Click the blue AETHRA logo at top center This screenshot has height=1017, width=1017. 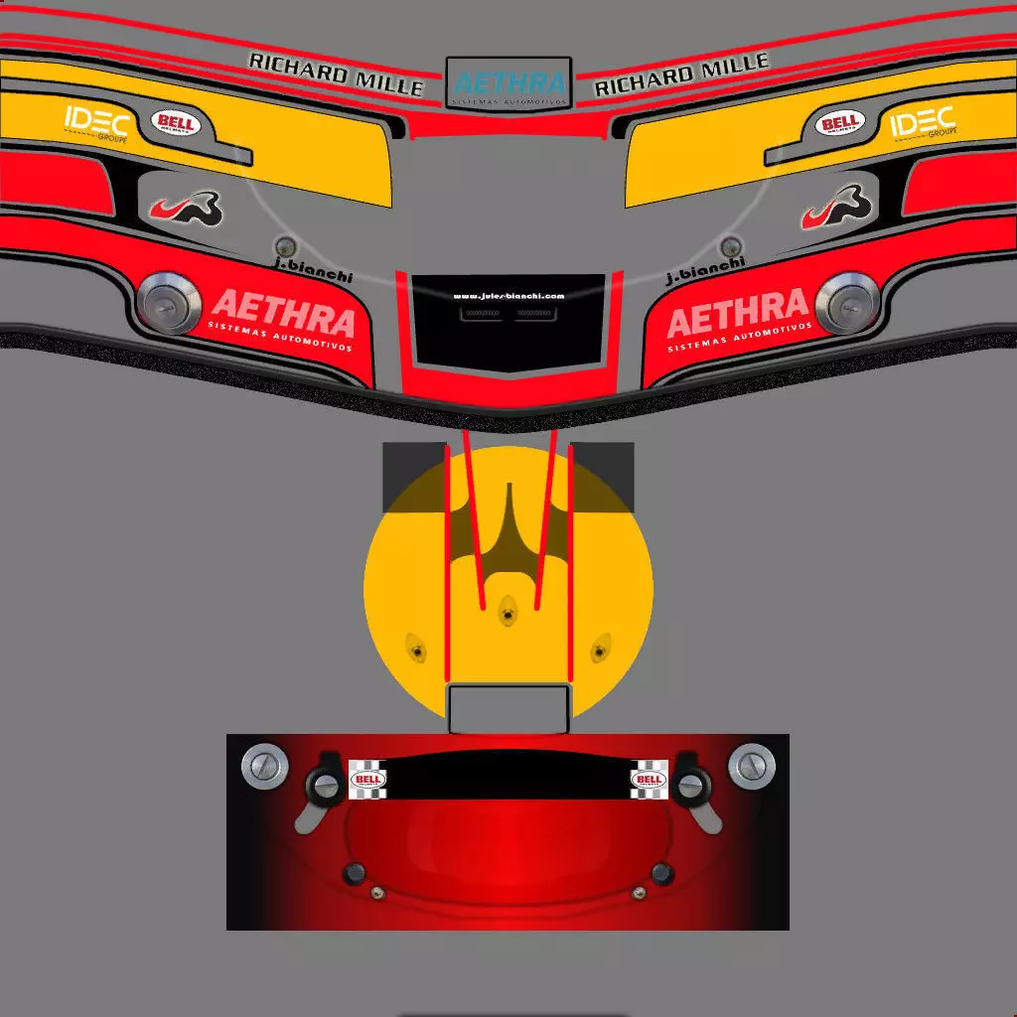click(x=508, y=83)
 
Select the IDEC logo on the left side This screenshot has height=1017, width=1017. click(x=96, y=122)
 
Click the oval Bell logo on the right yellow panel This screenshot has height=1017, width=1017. click(x=840, y=123)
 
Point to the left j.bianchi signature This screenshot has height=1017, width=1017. click(x=313, y=270)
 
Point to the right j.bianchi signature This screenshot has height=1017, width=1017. click(x=704, y=270)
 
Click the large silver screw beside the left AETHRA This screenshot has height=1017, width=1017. click(x=168, y=301)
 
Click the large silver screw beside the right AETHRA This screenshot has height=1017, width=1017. click(x=847, y=301)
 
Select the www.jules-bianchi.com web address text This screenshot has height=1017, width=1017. click(x=508, y=296)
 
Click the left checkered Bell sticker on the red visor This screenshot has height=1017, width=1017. click(x=367, y=780)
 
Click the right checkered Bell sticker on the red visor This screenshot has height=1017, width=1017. click(x=650, y=780)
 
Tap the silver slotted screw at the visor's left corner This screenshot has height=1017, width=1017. click(x=265, y=766)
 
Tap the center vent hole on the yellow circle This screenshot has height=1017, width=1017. click(x=508, y=611)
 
